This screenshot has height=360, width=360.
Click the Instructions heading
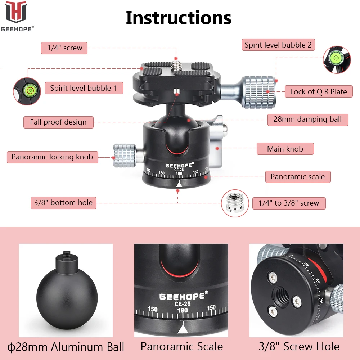178,18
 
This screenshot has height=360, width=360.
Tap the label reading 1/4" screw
64,48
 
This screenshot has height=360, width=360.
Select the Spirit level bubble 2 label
278,45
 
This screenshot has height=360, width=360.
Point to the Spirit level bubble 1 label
84,88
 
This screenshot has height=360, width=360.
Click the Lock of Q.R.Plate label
318,91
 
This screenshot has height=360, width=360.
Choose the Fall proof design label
58,122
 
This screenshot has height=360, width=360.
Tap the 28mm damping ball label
307,119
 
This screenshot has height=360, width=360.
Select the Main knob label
285,149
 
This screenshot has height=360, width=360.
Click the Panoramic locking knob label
52,157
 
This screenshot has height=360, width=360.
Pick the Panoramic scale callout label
297,177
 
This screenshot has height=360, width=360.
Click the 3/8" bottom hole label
63,203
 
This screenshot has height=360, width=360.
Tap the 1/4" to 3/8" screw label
289,203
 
